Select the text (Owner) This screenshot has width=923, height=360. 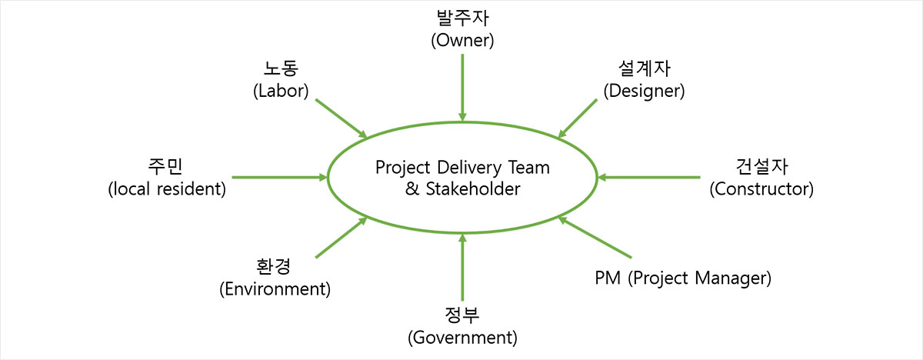(x=461, y=40)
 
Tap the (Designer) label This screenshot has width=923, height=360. (x=644, y=91)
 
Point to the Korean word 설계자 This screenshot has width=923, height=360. (x=644, y=70)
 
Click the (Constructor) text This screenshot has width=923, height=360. (x=761, y=188)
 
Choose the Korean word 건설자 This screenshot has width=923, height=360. (x=761, y=167)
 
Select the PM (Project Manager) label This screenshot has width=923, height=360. (x=683, y=277)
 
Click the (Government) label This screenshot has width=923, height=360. (x=462, y=337)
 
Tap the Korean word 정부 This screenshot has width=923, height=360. (x=462, y=315)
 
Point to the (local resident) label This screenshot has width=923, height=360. (x=167, y=188)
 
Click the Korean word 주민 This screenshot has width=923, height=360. (x=167, y=167)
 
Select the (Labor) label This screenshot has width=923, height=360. (x=281, y=91)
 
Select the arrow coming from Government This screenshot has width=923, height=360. (x=462, y=269)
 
